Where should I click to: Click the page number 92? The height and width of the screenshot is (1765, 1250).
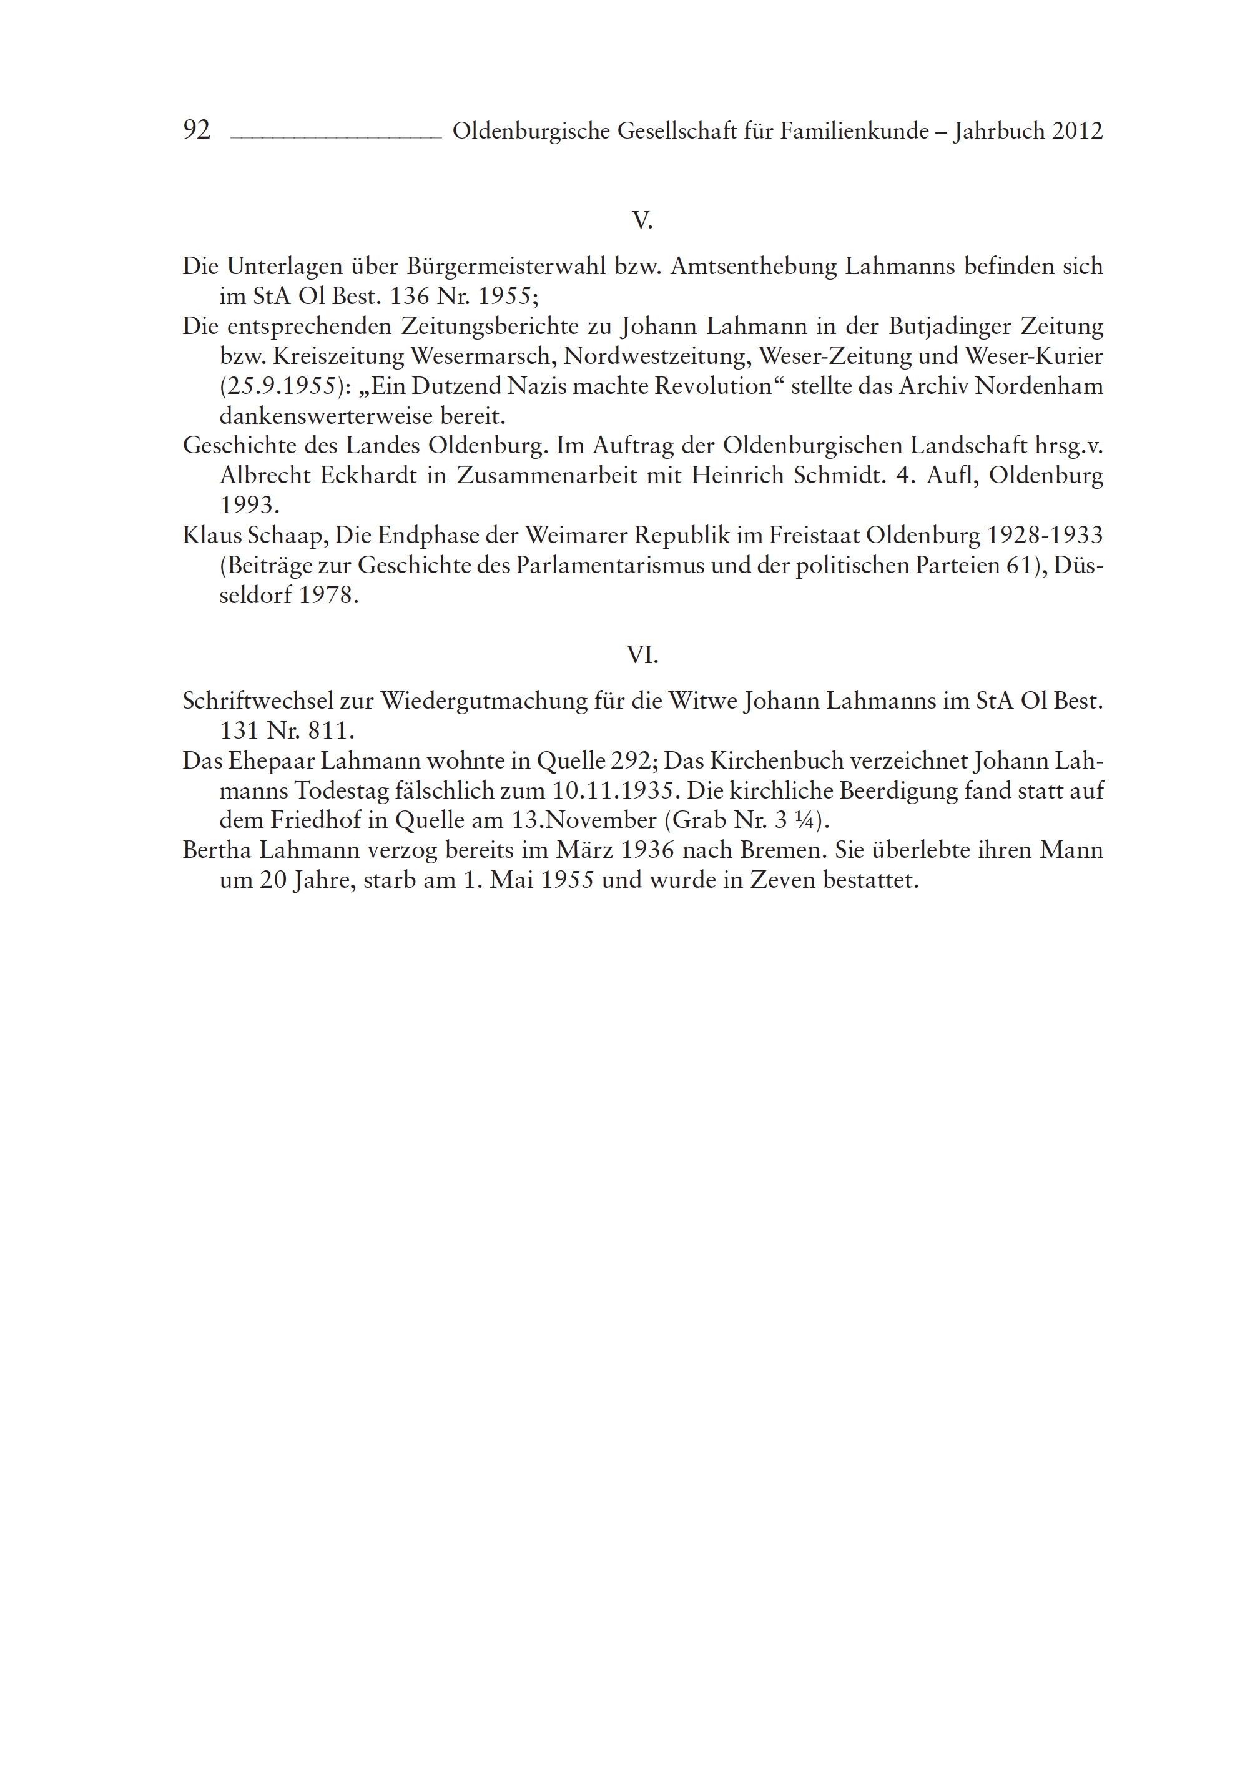196,130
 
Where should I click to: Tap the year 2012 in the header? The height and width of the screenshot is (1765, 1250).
1078,131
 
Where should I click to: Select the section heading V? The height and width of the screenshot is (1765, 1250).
642,221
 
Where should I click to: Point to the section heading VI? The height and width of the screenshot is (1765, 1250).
642,655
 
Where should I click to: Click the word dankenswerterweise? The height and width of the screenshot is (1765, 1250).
323,416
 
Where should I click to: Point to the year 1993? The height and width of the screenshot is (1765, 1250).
249,506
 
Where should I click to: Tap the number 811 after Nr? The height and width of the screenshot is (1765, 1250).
328,730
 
